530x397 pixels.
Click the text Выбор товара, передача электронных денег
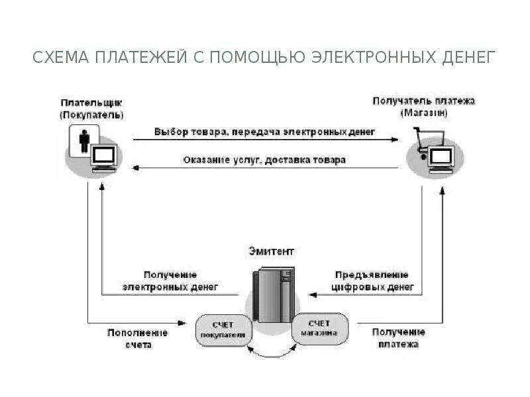pos(265,132)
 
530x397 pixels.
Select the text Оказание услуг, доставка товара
pos(264,160)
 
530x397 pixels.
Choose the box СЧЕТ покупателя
pos(223,330)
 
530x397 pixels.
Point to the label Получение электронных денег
pos(180,281)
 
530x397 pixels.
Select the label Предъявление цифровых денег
pos(372,281)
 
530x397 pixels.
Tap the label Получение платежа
pos(398,338)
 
